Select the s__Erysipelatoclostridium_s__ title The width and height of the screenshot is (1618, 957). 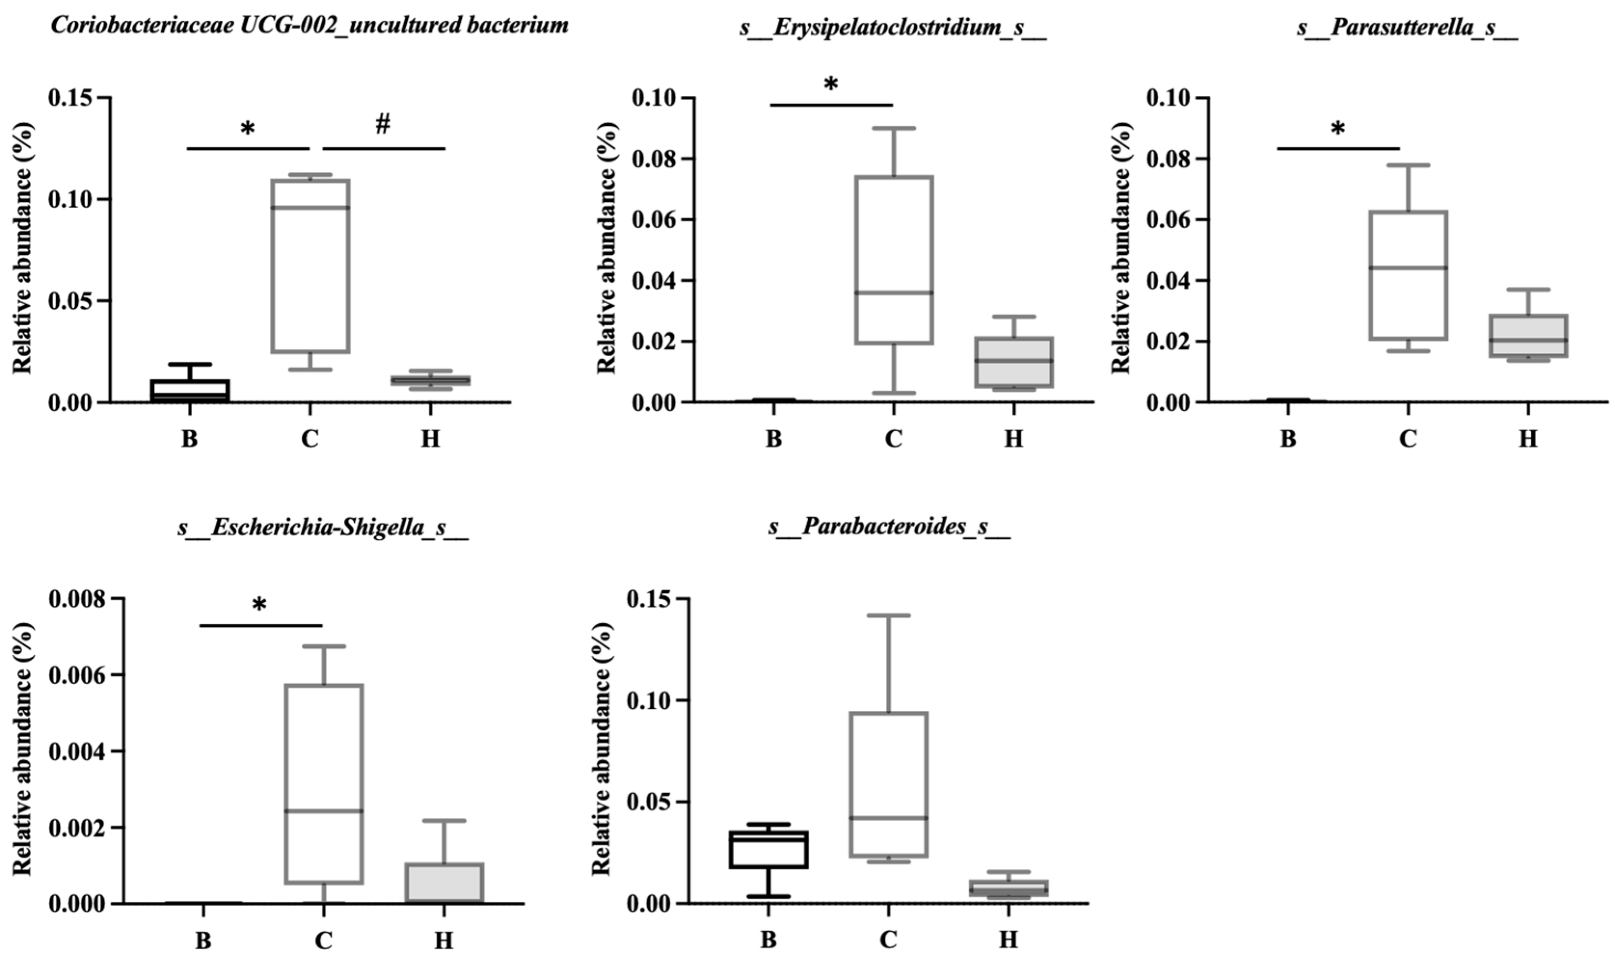(893, 28)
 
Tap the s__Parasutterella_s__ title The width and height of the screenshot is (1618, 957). (1408, 28)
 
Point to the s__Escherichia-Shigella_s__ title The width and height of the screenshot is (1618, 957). (323, 528)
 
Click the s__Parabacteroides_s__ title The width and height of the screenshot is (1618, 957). (889, 528)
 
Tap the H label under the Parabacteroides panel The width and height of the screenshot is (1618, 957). (1009, 940)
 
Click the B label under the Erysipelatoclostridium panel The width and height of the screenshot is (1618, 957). (774, 439)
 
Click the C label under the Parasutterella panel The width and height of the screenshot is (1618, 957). (1408, 439)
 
